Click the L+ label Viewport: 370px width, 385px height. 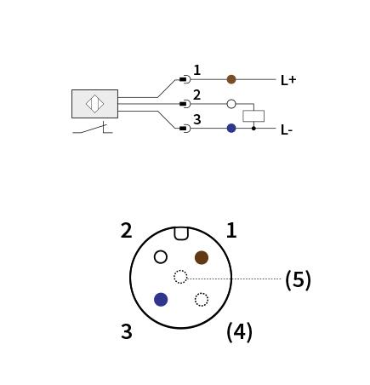point(288,80)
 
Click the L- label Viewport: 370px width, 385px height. point(287,129)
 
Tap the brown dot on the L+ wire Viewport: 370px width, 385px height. point(231,79)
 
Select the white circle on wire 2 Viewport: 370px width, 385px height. point(231,104)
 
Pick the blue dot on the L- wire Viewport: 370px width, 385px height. point(231,128)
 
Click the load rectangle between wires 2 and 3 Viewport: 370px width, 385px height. point(253,116)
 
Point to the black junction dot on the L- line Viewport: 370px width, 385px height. point(253,129)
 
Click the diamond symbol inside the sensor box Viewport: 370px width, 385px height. point(94,104)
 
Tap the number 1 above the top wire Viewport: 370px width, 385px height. point(197,70)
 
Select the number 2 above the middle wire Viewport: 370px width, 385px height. point(197,95)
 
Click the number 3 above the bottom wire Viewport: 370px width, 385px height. point(197,119)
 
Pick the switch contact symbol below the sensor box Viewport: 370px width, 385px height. point(93,129)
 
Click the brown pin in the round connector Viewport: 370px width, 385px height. point(202,257)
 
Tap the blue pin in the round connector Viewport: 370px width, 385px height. point(161,300)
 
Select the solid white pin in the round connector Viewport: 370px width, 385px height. point(161,257)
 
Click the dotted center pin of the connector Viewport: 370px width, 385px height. point(180,277)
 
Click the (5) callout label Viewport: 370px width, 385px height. point(298,279)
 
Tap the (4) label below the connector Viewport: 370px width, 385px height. point(239,332)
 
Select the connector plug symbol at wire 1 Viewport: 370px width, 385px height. point(185,79)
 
